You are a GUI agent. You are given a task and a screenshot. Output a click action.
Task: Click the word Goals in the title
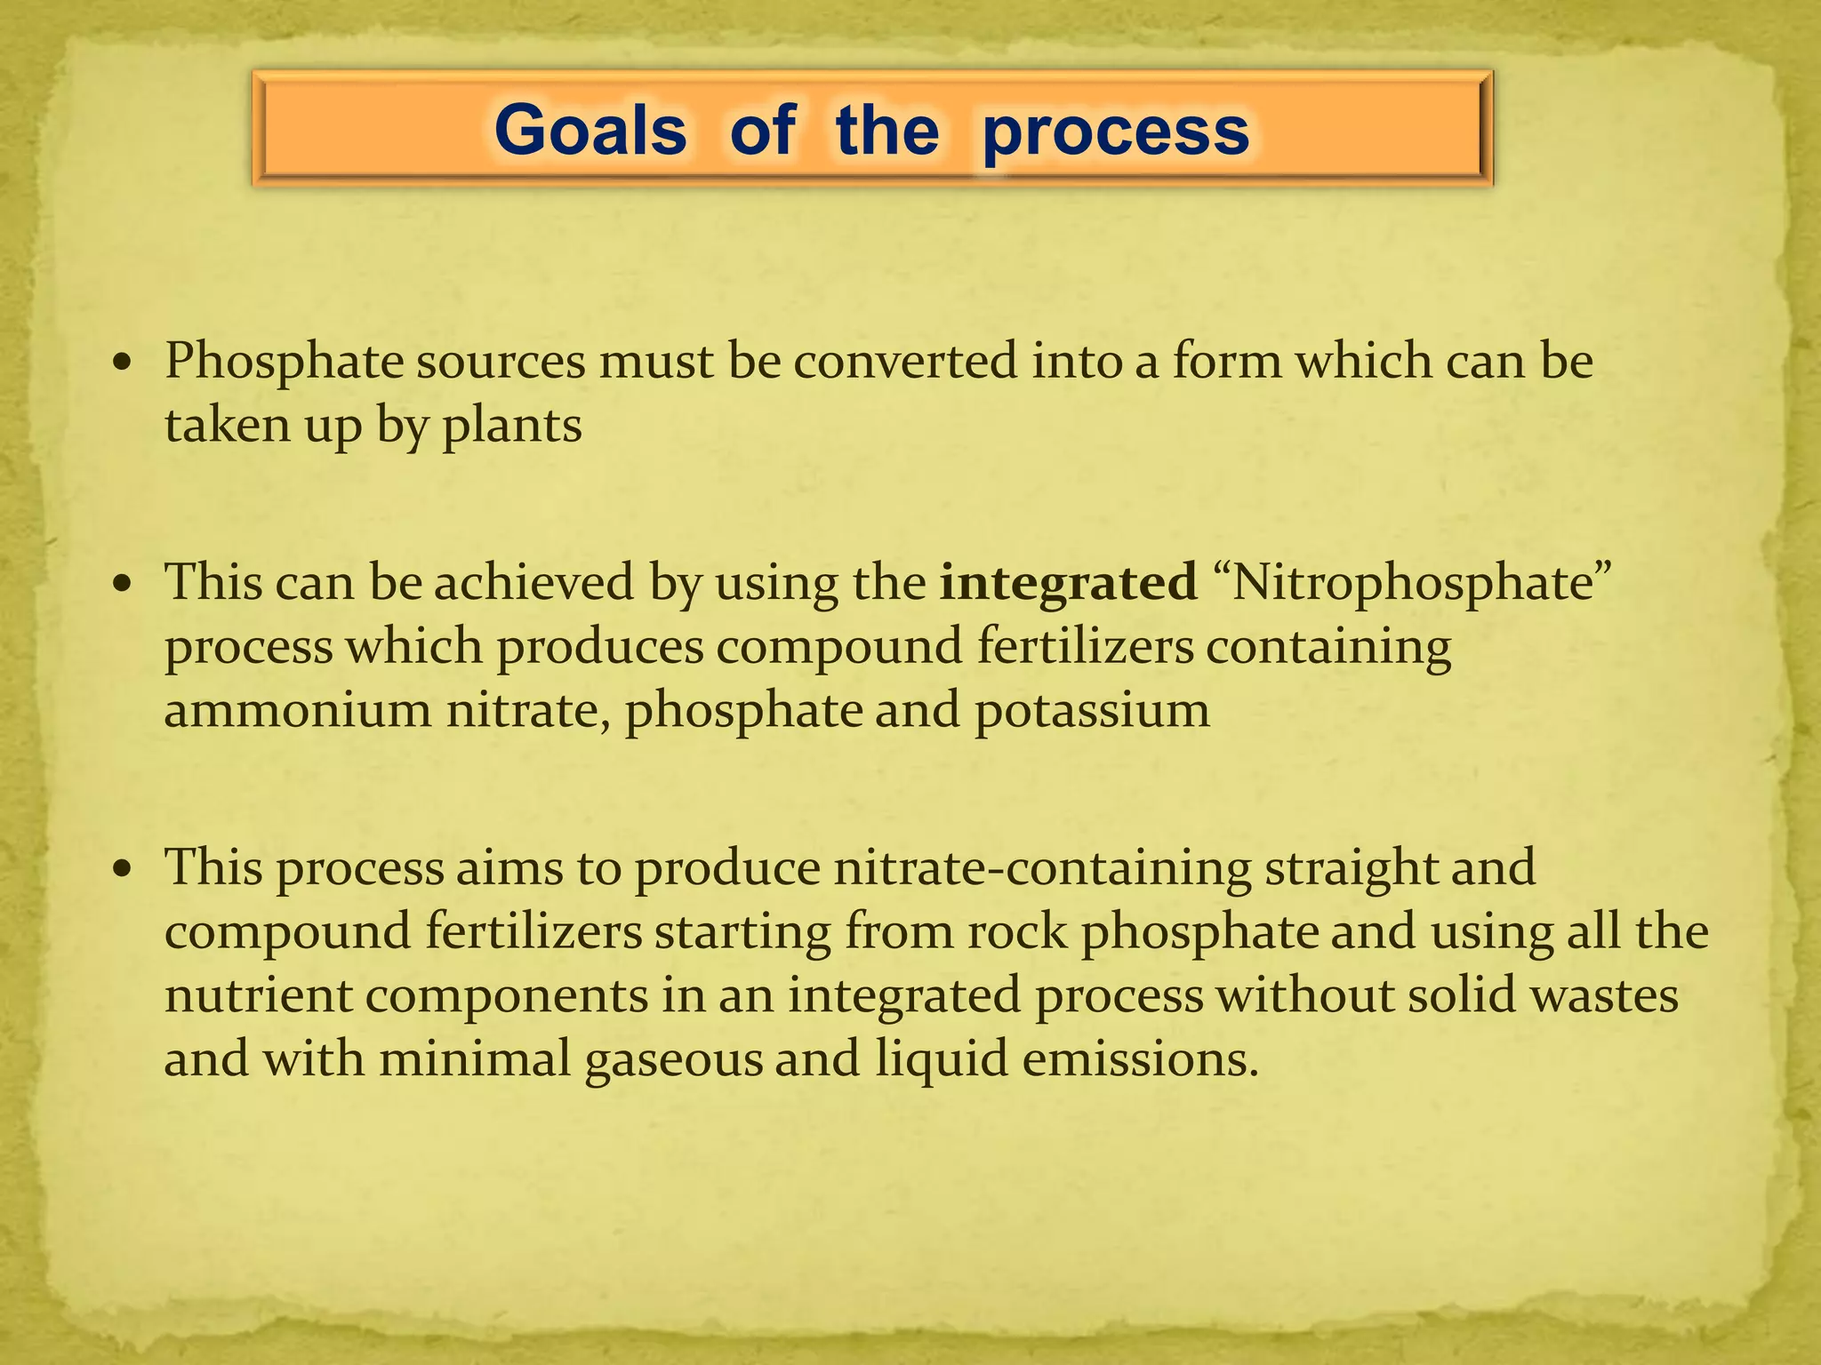(x=590, y=130)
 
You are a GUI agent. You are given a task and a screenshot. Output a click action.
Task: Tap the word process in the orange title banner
(x=1116, y=132)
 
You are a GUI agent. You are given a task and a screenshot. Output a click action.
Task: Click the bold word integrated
(x=1068, y=583)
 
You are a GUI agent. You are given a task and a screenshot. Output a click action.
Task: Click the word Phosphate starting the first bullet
(x=285, y=363)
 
